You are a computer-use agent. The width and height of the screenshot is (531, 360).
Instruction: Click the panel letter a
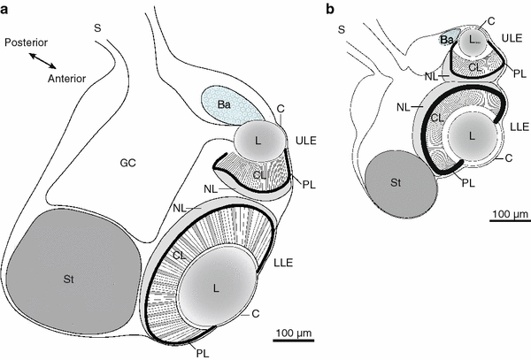point(4,10)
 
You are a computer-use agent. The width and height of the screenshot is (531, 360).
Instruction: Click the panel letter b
point(329,9)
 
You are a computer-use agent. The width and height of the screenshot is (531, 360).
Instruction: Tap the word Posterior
point(26,42)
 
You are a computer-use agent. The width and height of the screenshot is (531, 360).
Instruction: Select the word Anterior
point(66,79)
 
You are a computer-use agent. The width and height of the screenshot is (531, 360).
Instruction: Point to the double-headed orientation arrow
point(42,60)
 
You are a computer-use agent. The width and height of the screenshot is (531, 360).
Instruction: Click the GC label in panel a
point(128,163)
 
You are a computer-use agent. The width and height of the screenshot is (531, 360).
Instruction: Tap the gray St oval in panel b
point(401,184)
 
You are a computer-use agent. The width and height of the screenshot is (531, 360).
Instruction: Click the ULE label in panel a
point(306,141)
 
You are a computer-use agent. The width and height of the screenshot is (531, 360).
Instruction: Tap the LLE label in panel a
point(283,263)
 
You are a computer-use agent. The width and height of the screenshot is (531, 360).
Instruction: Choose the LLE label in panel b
point(519,126)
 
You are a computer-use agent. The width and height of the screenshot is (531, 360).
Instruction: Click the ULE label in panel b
point(512,38)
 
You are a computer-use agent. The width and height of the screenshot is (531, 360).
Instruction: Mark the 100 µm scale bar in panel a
point(293,340)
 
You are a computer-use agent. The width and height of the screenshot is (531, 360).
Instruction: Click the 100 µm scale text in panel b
point(510,215)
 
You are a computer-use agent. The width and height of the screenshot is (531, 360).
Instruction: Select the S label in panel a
point(97,28)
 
